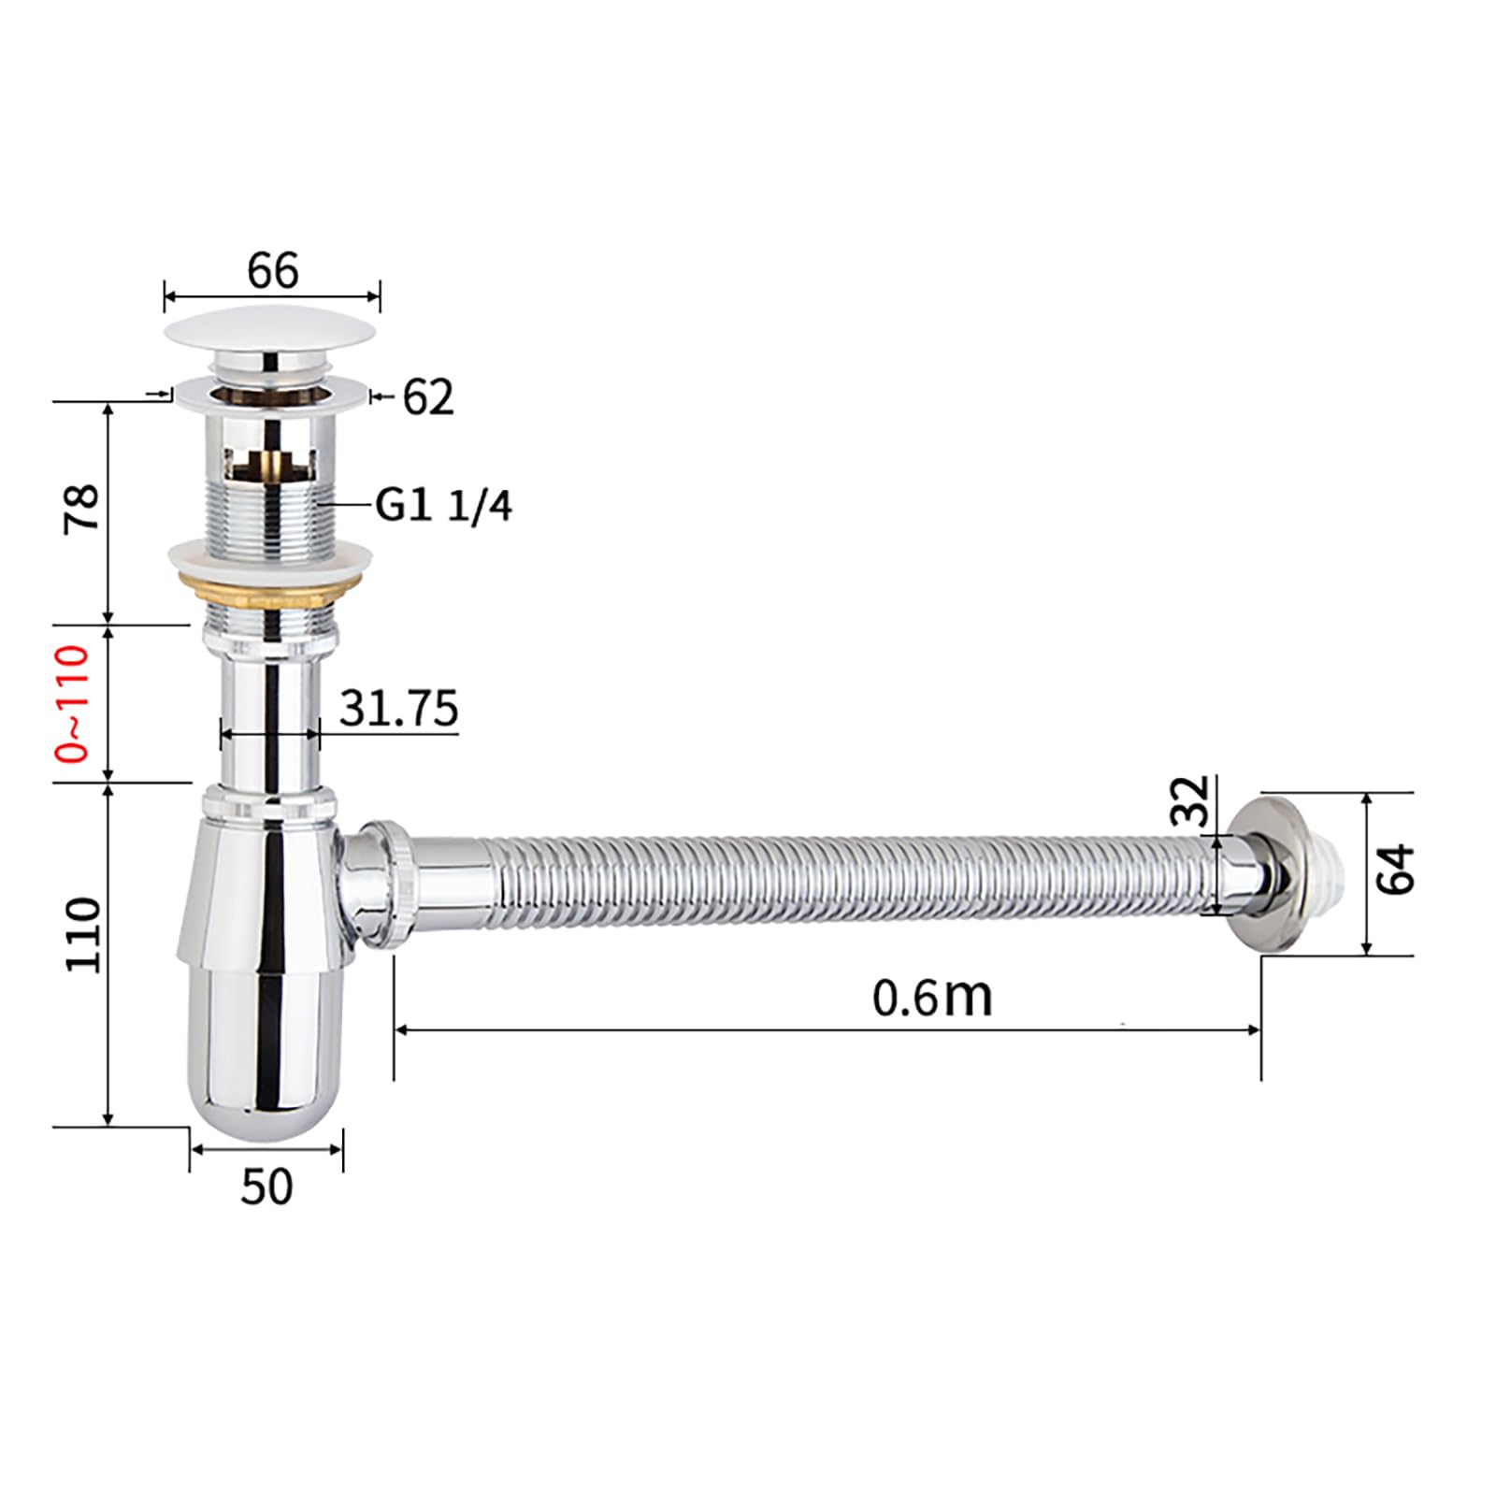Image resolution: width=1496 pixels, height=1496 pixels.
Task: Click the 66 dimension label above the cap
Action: (x=272, y=271)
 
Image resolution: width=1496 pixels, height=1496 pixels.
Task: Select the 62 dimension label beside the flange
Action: (x=428, y=397)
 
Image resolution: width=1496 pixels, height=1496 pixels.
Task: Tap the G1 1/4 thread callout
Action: (x=444, y=506)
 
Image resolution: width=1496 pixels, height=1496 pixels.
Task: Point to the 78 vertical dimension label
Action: (x=82, y=508)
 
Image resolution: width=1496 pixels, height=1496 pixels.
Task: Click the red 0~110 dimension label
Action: (x=75, y=704)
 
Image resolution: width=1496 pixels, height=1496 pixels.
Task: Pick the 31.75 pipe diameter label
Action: (x=399, y=708)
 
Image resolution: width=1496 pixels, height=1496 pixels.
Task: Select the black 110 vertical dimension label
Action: (x=82, y=935)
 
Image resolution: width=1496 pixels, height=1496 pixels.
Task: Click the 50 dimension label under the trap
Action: (x=266, y=1187)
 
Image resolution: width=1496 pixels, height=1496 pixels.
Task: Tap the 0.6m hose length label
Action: (x=932, y=997)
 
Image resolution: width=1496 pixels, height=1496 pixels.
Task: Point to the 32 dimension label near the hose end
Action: (x=1191, y=799)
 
